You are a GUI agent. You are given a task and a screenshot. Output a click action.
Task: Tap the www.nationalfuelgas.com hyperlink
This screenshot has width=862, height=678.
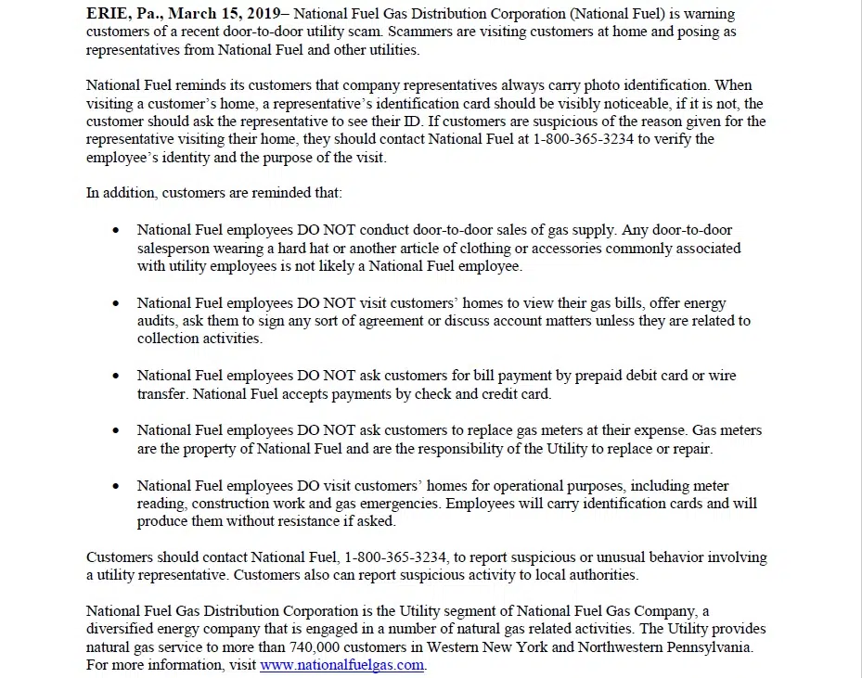pyautogui.click(x=341, y=665)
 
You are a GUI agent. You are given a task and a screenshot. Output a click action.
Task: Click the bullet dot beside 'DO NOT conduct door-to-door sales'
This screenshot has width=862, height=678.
pyautogui.click(x=116, y=230)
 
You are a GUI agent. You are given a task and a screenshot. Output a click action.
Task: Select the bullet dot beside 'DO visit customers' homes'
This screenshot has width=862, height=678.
pyautogui.click(x=116, y=486)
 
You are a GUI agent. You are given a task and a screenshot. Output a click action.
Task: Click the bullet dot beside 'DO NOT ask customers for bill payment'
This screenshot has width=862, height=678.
pyautogui.click(x=116, y=377)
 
